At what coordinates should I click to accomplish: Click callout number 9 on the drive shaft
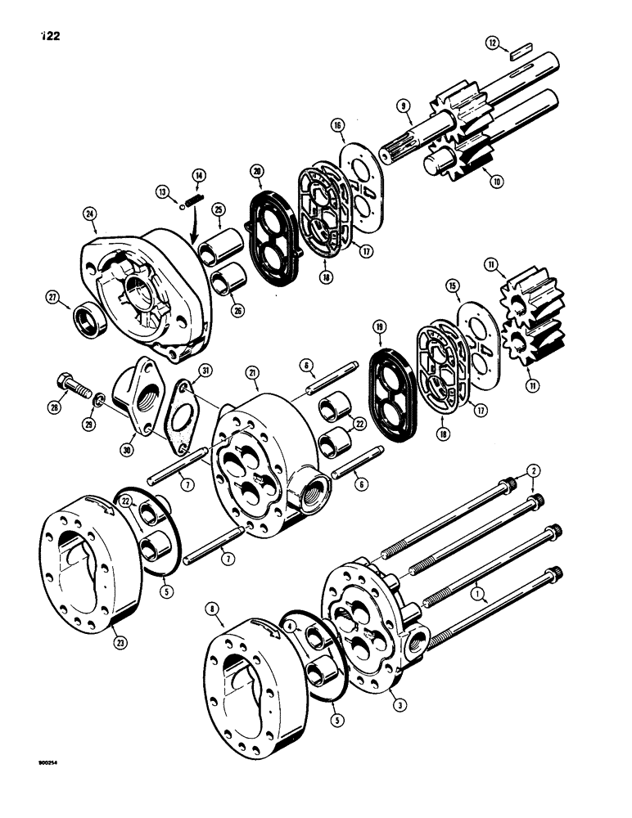(x=404, y=106)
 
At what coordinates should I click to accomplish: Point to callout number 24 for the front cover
(x=90, y=215)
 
